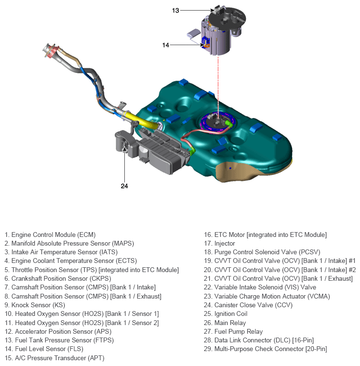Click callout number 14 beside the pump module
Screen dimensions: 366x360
166,45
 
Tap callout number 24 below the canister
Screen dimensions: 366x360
124,185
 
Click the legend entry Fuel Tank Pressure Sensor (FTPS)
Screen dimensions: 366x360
57,340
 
